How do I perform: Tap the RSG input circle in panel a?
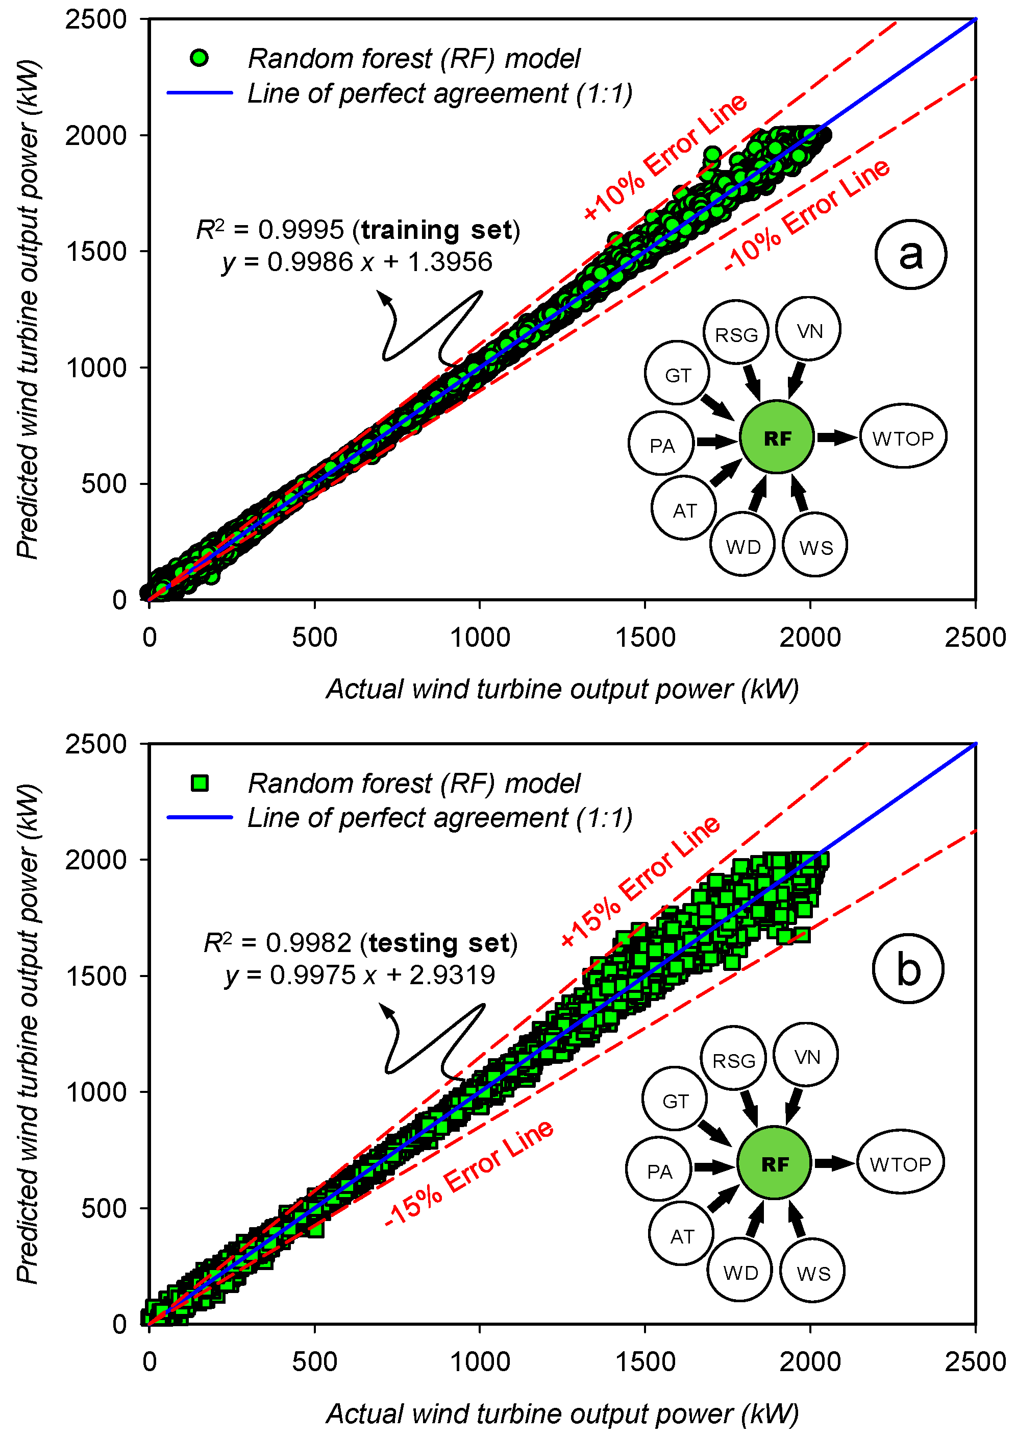point(736,332)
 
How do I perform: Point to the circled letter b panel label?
point(907,968)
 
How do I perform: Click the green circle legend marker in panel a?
point(199,58)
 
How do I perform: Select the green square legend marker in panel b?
point(200,783)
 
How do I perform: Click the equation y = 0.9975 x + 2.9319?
point(360,975)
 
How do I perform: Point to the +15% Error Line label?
point(640,880)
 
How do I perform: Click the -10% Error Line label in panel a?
point(807,213)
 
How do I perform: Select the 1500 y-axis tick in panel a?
point(96,252)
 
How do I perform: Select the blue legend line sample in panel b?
point(200,817)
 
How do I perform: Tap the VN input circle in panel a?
point(808,329)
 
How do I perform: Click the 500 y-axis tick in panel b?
point(103,1207)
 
